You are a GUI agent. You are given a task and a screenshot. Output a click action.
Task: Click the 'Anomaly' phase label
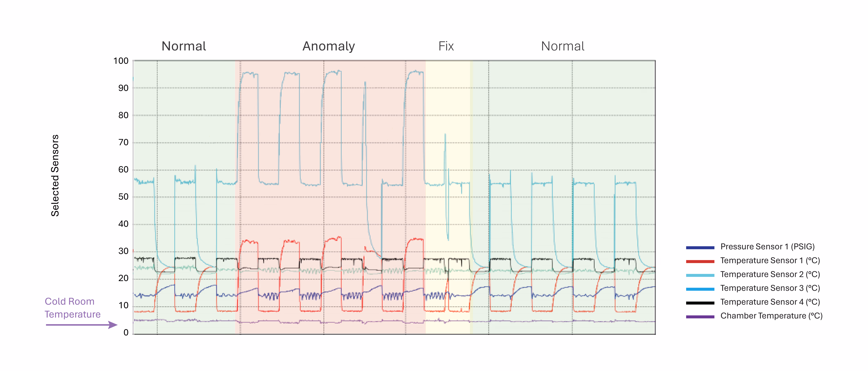point(329,46)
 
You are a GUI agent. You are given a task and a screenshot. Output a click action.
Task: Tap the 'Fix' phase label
point(446,46)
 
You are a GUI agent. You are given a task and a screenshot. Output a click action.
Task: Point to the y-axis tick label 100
point(121,61)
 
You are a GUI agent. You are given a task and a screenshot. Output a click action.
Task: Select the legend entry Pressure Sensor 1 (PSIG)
point(767,247)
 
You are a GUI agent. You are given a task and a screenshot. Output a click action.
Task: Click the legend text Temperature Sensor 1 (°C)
point(770,261)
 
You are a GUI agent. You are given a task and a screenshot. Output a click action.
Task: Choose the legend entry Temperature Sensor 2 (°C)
point(770,274)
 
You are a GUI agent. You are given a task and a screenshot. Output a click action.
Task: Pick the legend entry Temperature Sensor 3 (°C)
point(770,288)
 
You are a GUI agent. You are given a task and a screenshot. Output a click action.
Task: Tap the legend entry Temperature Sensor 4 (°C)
point(770,302)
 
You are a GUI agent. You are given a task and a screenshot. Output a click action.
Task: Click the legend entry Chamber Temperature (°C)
point(771,316)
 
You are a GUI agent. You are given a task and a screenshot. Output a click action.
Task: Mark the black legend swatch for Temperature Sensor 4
point(700,303)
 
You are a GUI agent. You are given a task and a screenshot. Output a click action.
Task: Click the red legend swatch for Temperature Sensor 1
point(700,261)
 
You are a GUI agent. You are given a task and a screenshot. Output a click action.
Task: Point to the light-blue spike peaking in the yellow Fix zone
point(445,135)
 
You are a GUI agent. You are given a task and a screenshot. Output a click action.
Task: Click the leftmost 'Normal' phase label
point(184,46)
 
